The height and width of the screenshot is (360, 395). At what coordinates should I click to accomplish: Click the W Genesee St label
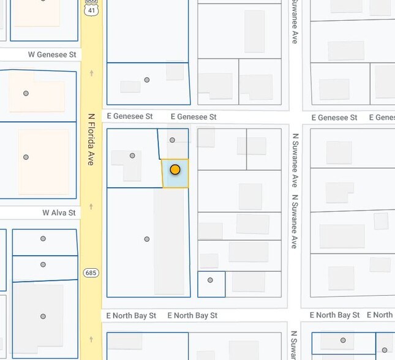[52, 54]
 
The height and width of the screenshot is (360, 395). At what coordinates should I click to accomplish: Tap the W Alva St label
[59, 212]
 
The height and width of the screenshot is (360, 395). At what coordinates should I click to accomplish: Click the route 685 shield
[92, 272]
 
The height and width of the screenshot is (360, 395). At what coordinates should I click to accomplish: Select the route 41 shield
[92, 11]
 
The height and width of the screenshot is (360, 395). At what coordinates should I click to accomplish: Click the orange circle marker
[175, 170]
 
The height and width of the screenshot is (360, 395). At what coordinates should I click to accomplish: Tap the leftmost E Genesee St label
[130, 116]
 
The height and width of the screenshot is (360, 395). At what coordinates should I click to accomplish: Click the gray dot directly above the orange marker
[172, 140]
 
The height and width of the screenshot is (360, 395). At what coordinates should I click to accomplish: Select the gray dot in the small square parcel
[210, 280]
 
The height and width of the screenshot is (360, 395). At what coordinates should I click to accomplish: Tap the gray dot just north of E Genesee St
[147, 80]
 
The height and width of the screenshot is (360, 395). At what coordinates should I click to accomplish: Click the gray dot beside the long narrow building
[147, 239]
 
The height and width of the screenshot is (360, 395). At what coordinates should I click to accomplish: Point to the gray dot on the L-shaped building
[132, 156]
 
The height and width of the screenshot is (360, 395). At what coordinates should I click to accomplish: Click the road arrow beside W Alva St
[92, 206]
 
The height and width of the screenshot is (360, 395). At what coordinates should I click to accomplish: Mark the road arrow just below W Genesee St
[92, 73]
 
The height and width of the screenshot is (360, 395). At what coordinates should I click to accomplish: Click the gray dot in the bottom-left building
[43, 317]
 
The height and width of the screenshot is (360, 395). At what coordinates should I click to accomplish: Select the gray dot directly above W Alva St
[26, 157]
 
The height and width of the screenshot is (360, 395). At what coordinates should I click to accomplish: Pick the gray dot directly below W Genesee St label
[26, 94]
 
